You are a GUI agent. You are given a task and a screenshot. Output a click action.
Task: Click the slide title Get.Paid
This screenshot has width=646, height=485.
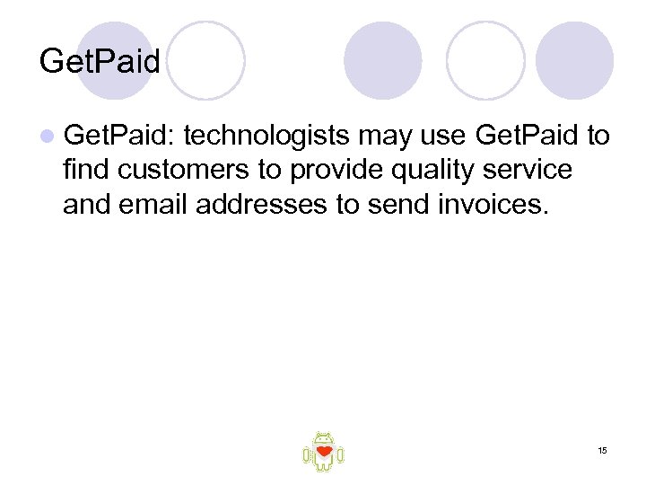click(x=100, y=62)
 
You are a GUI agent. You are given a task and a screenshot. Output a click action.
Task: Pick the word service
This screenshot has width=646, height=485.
click(x=528, y=170)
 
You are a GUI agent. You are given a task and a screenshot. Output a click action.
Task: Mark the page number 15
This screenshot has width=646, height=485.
click(x=602, y=449)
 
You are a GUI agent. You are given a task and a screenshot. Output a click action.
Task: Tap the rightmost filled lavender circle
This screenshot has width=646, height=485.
click(x=574, y=60)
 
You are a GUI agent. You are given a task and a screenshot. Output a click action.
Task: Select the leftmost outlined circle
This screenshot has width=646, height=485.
click(x=205, y=60)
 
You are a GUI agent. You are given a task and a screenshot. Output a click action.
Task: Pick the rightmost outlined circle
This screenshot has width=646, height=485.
click(x=485, y=60)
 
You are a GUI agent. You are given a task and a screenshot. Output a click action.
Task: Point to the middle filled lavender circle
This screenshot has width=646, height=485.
click(x=383, y=60)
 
